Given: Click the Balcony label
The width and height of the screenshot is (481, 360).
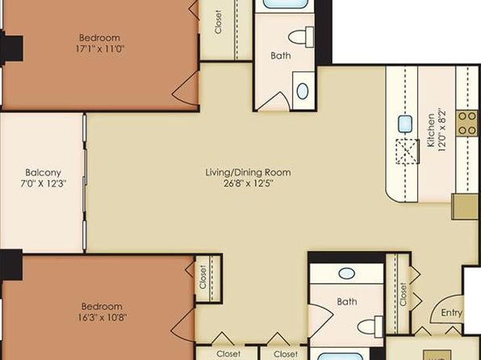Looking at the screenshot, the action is tap(44, 173).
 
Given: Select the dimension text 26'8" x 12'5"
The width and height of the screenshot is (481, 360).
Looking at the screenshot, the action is tap(249, 184).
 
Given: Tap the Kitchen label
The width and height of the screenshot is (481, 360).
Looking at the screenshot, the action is tap(431, 130).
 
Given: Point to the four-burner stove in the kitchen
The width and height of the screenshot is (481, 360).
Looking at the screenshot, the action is tap(467, 123).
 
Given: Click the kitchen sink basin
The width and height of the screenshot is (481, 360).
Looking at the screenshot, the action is tap(405, 124).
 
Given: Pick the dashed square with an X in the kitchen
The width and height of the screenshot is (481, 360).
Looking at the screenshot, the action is tap(408, 151).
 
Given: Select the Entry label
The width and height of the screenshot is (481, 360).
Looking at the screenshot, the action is tap(451, 312).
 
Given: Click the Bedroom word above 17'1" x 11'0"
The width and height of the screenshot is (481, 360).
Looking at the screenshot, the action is tap(99, 38).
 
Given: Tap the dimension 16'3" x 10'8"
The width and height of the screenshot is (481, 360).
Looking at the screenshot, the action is tap(102, 317).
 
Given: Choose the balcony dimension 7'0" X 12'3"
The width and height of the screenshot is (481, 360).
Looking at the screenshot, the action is tap(44, 184).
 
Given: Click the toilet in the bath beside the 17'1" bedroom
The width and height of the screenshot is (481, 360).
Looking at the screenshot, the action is tap(301, 37).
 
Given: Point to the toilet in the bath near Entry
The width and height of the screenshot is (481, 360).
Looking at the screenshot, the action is tap(370, 327).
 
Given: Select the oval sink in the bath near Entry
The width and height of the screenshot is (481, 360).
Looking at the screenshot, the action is tap(347, 273).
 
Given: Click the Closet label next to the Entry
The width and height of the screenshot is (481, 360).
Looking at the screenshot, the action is tap(403, 295).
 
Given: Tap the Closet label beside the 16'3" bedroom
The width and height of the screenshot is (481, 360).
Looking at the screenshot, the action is tap(203, 277).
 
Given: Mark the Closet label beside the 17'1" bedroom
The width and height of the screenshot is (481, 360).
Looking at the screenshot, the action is tap(218, 22).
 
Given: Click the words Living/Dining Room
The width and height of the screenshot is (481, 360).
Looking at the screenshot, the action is tap(249, 173).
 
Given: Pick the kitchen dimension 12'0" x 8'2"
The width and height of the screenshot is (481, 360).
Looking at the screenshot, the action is tap(442, 130).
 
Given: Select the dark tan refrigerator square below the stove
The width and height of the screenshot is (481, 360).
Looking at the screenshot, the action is tap(465, 207).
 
